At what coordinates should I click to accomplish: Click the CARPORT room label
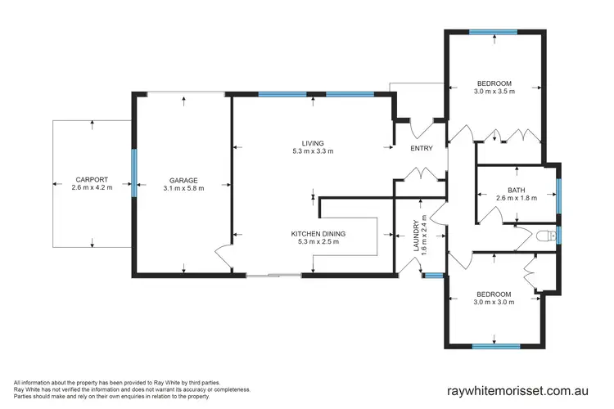[92, 179]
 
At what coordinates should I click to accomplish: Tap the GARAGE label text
[183, 179]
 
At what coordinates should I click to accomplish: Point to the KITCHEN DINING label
[318, 233]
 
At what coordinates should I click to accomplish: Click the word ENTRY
[421, 148]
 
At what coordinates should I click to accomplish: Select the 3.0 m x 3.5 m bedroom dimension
[494, 92]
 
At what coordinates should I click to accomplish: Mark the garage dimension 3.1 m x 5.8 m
[183, 188]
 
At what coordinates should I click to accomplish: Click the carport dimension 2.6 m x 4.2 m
[92, 188]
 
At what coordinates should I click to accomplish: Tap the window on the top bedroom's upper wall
[494, 34]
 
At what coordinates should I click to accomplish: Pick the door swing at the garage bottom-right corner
[223, 256]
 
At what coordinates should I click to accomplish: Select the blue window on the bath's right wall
[559, 189]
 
